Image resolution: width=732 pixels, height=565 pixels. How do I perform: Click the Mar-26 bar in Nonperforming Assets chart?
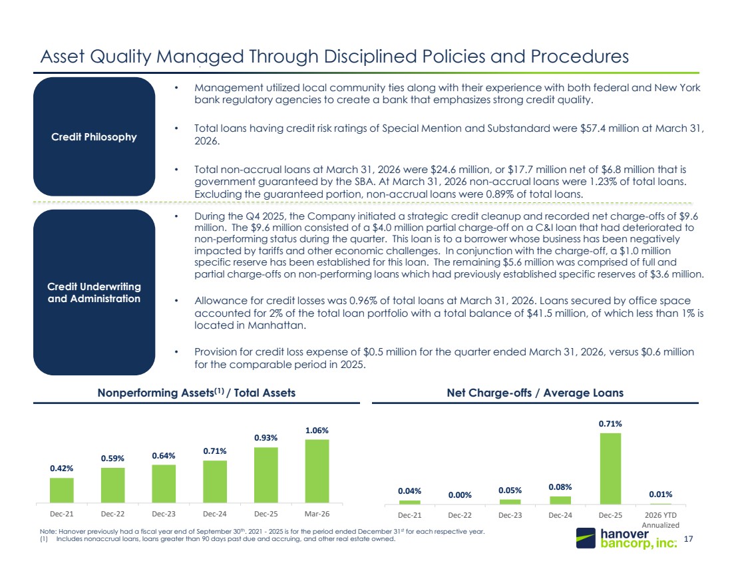click(x=317, y=471)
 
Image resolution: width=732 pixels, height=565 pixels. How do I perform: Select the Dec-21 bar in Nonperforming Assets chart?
click(x=62, y=490)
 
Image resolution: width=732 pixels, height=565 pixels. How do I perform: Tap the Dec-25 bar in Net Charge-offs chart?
click(x=610, y=469)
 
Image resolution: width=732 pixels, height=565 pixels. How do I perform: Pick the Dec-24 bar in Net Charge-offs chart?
click(x=560, y=500)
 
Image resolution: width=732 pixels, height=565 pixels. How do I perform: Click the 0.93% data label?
click(x=266, y=437)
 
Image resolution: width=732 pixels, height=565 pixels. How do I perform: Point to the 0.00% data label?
click(x=460, y=495)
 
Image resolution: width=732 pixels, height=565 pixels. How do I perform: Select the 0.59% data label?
click(x=112, y=459)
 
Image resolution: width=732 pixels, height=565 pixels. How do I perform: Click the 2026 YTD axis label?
click(x=661, y=515)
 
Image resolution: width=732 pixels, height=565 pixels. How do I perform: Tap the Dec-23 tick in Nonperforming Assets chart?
click(x=164, y=514)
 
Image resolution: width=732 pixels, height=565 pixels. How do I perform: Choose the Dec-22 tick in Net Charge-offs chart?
click(x=460, y=515)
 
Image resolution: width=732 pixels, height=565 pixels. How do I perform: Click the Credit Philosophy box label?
click(x=94, y=137)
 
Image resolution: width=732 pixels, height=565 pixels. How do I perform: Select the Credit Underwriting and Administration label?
click(x=94, y=293)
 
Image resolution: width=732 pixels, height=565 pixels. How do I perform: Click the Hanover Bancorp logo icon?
click(x=586, y=538)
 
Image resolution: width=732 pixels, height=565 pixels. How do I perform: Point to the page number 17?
click(x=688, y=539)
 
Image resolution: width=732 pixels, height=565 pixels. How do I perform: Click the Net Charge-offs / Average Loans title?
click(x=535, y=393)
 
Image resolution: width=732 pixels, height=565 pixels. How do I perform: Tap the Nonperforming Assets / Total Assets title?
click(x=196, y=393)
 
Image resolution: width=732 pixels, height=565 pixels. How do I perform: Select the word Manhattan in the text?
click(x=277, y=325)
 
